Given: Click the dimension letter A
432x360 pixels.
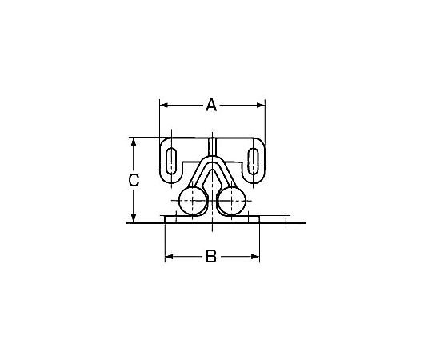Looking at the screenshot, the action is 211,105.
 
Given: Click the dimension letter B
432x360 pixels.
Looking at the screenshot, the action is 211,257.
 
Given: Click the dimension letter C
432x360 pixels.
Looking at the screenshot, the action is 134,181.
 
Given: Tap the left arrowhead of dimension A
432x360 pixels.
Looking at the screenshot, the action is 164,105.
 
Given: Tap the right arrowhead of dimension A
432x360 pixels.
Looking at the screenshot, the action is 261,105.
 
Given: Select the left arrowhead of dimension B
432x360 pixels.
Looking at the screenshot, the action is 169,257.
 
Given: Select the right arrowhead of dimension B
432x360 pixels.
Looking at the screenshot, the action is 255,257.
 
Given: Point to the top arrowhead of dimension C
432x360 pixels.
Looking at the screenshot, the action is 134,142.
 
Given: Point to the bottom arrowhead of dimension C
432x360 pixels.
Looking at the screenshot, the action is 134,218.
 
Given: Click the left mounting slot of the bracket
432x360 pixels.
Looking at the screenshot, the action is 171,161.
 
